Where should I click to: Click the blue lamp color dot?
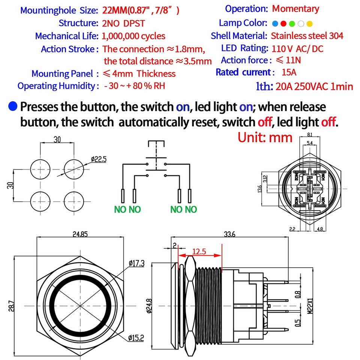click(275, 24)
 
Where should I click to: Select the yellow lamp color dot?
click(309, 24)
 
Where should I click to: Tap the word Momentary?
click(295, 9)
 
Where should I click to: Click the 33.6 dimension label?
click(229, 234)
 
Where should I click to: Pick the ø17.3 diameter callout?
click(136, 263)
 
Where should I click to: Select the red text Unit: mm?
click(265, 137)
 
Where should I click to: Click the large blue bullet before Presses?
click(13, 106)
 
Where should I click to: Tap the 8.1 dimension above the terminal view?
click(309, 135)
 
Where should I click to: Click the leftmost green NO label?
click(120, 209)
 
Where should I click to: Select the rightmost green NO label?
click(191, 209)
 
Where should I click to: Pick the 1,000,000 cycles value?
click(133, 36)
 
